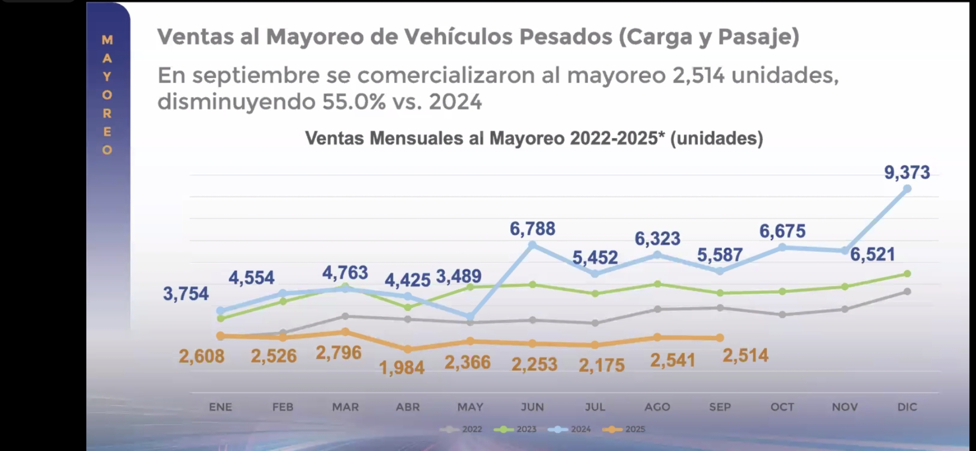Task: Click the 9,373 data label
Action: (907, 172)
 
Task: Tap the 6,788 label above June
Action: (532, 229)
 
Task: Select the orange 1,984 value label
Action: (401, 368)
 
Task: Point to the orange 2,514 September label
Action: (745, 356)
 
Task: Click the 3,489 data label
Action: (458, 276)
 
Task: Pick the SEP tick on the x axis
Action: (720, 407)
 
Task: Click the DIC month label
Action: (907, 407)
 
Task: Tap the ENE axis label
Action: (220, 407)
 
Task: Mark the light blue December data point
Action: (907, 189)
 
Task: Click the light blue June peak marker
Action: (532, 245)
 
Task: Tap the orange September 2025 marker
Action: (720, 337)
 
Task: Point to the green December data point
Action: (907, 274)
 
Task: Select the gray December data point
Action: (907, 291)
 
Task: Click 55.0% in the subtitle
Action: (353, 101)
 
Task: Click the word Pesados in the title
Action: (565, 37)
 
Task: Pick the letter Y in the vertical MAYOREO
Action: (107, 76)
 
